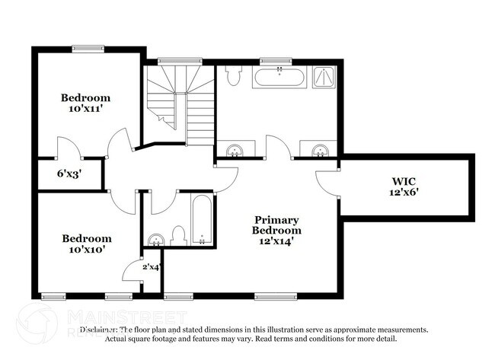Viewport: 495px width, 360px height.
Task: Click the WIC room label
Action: tap(401, 182)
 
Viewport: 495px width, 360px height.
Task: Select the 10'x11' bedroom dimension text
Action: tap(85, 109)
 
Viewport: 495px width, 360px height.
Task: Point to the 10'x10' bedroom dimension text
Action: tap(85, 249)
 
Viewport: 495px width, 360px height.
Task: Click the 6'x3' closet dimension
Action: tap(69, 173)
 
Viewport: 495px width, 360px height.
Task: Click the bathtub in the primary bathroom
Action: tap(279, 77)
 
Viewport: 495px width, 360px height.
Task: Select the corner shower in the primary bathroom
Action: tap(325, 76)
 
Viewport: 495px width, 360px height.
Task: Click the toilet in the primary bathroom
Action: tap(234, 75)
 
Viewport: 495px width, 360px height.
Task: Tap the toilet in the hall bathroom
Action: tap(179, 235)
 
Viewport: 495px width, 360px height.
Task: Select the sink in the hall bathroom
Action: tap(155, 241)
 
